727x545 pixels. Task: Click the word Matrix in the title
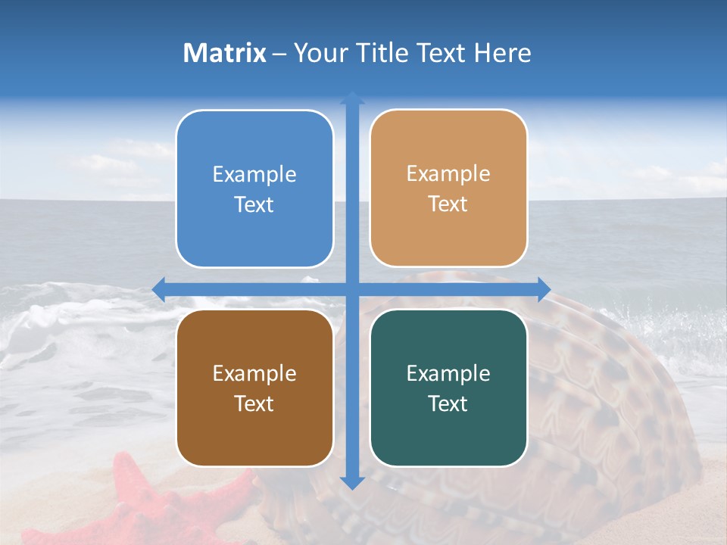pos(225,53)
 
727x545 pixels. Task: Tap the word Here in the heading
pos(502,53)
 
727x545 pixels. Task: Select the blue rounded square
pos(254,188)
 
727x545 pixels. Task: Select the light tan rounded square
pos(448,188)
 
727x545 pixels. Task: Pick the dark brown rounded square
pos(254,388)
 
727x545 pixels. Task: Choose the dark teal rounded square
pos(448,388)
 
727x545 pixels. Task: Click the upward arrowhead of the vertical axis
pos(352,98)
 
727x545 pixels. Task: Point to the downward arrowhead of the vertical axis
pos(352,482)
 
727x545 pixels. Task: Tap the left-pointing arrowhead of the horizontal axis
pos(159,289)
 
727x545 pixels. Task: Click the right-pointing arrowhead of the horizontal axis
pos(543,289)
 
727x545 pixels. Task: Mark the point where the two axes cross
pos(352,289)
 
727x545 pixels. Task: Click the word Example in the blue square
pos(254,175)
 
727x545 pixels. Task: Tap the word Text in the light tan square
pos(448,204)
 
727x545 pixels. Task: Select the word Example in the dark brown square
pos(254,373)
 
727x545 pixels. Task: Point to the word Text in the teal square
pos(448,403)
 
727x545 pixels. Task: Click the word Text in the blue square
pos(254,205)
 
